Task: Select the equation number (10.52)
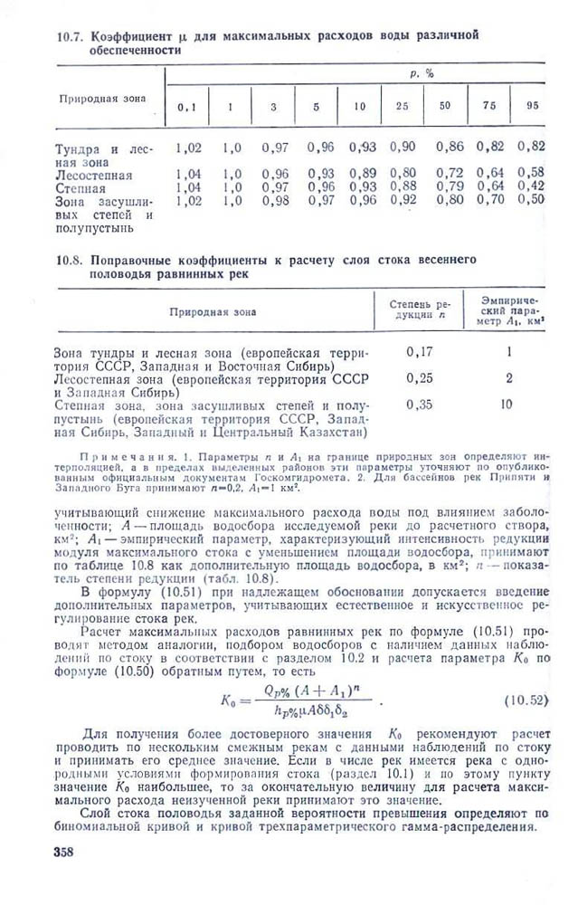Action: click(524, 700)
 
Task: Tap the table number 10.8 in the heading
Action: click(69, 259)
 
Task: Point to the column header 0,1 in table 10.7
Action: click(186, 107)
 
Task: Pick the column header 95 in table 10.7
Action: click(533, 105)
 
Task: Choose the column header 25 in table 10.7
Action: click(402, 106)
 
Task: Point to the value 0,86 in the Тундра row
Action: click(449, 146)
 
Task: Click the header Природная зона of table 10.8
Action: click(213, 311)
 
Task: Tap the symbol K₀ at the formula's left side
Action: click(228, 700)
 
